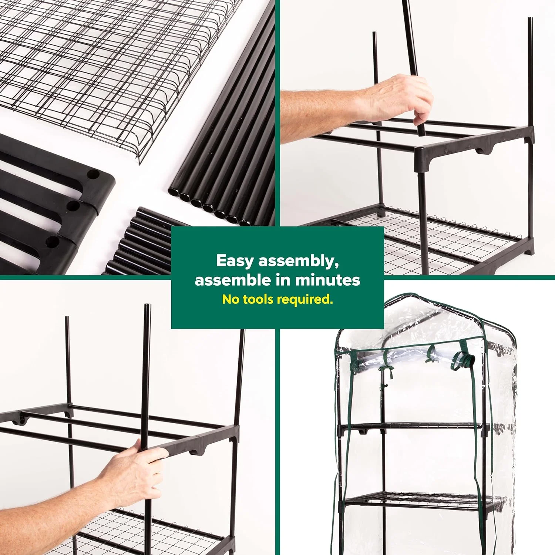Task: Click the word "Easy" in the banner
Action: pyautogui.click(x=235, y=261)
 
